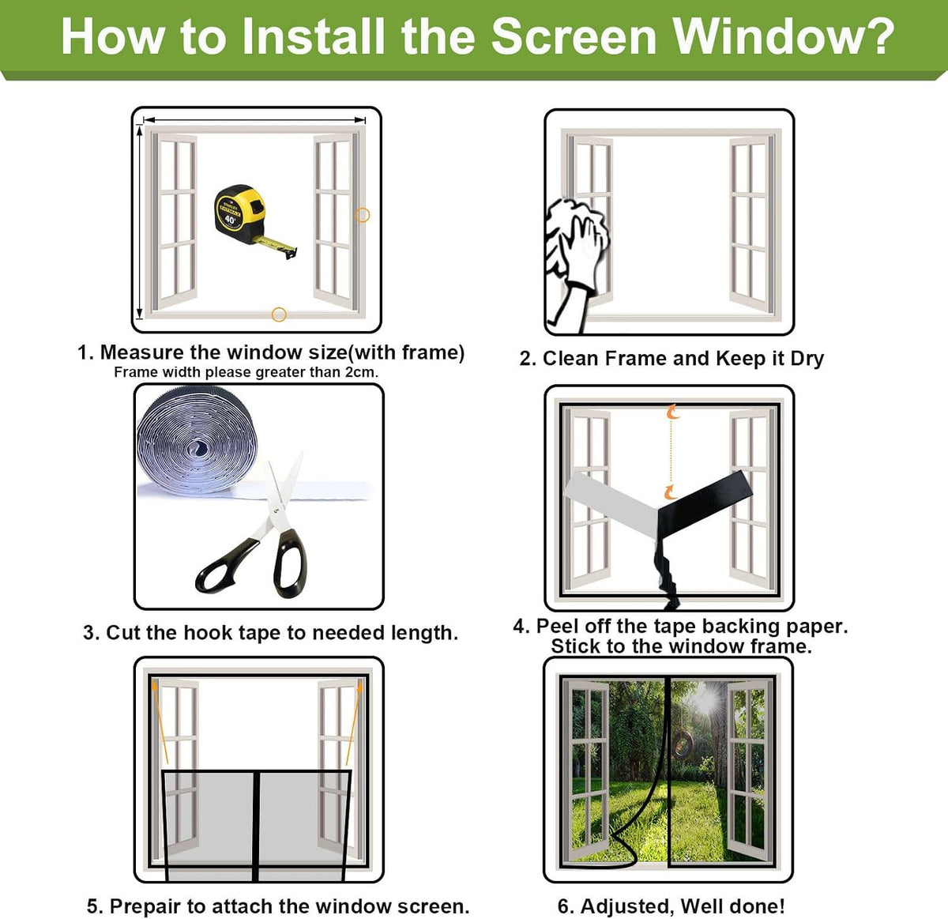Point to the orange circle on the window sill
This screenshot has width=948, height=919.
(279, 314)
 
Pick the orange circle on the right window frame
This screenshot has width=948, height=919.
(363, 215)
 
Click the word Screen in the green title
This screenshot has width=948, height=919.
(574, 37)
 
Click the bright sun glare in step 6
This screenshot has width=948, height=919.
(706, 700)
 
